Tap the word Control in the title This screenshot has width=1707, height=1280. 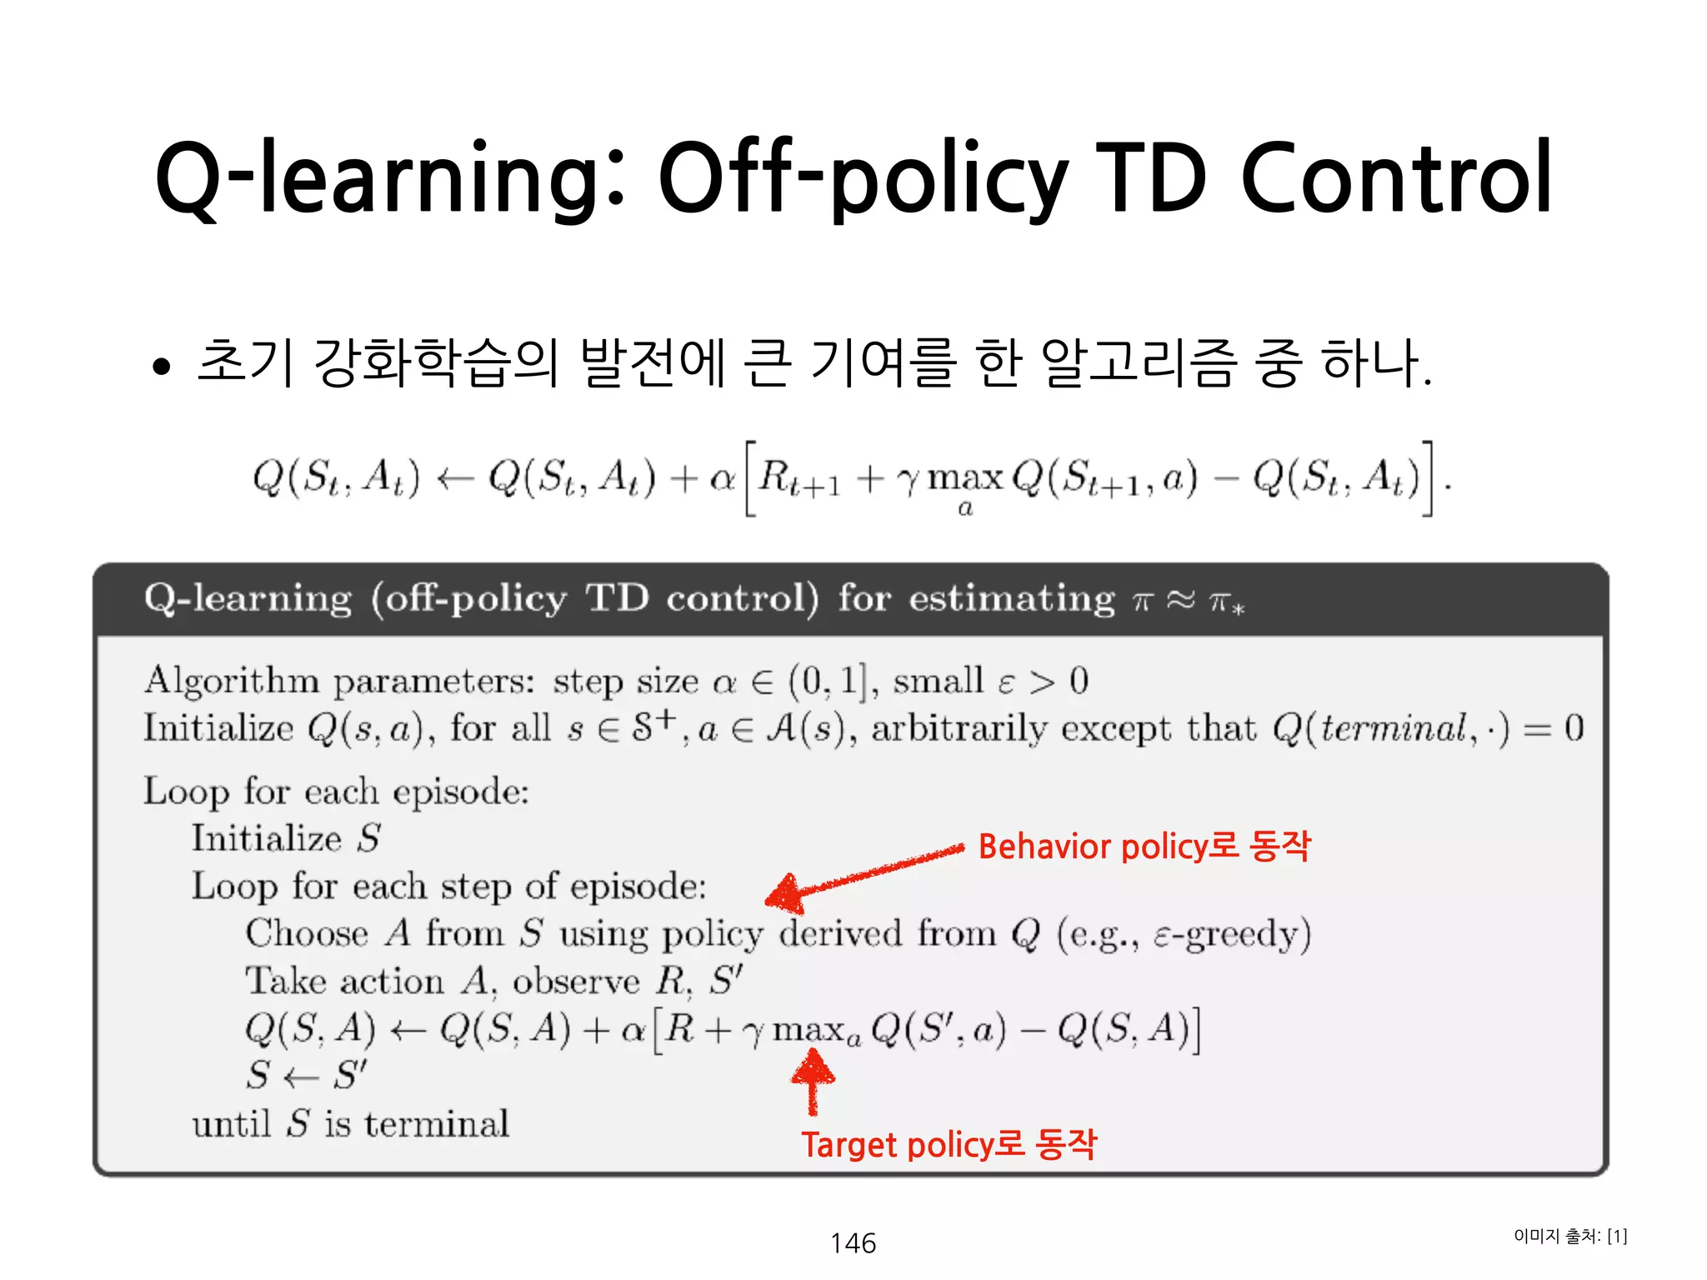[x=1396, y=177]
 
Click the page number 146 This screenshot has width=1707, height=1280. [x=853, y=1242]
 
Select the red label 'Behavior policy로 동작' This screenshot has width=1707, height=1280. [x=1144, y=846]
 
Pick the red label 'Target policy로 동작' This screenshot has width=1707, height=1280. [x=949, y=1144]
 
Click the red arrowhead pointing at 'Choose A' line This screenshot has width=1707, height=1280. [x=783, y=894]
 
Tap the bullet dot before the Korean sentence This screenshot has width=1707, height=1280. [x=162, y=367]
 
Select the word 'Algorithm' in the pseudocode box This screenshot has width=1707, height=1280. [x=231, y=681]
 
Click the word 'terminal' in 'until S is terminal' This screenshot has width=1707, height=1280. [x=437, y=1124]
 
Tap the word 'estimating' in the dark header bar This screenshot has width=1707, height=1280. [x=1011, y=599]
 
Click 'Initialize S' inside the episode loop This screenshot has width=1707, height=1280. [x=286, y=838]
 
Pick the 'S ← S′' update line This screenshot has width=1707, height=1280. [x=306, y=1075]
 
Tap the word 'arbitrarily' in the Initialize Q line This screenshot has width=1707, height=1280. [x=958, y=728]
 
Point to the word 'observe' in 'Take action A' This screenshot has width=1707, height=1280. [x=576, y=982]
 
